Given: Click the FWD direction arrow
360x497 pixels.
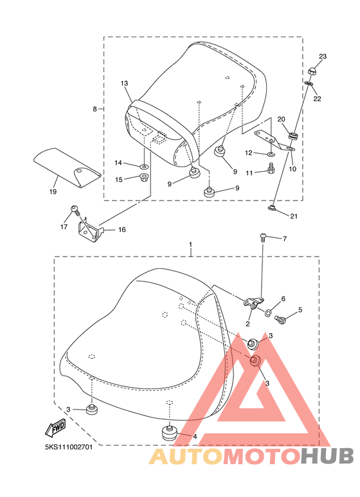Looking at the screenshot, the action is click(x=56, y=428).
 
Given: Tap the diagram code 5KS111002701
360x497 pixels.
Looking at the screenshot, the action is click(x=69, y=447).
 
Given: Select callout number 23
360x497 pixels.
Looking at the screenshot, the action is click(x=323, y=57).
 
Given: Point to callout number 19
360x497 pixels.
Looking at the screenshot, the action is click(x=53, y=192).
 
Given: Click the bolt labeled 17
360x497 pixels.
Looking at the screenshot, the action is click(x=75, y=210).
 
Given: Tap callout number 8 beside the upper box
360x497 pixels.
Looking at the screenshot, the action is click(x=94, y=109).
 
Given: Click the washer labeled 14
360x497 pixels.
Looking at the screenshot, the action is click(x=144, y=166).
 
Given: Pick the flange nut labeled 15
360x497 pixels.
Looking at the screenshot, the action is click(x=144, y=177).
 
